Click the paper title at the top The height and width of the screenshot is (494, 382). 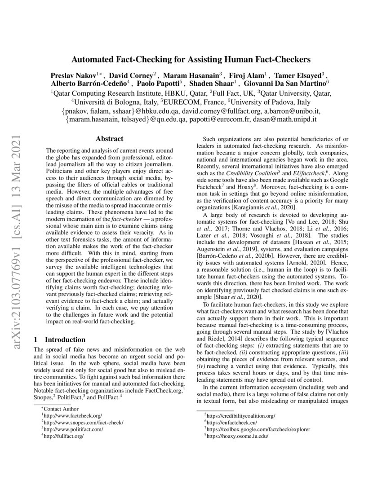click(191, 59)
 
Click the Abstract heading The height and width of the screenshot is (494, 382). click(110, 139)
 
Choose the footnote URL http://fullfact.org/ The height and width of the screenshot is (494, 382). click(64, 436)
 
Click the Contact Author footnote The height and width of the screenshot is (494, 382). click(61, 409)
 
